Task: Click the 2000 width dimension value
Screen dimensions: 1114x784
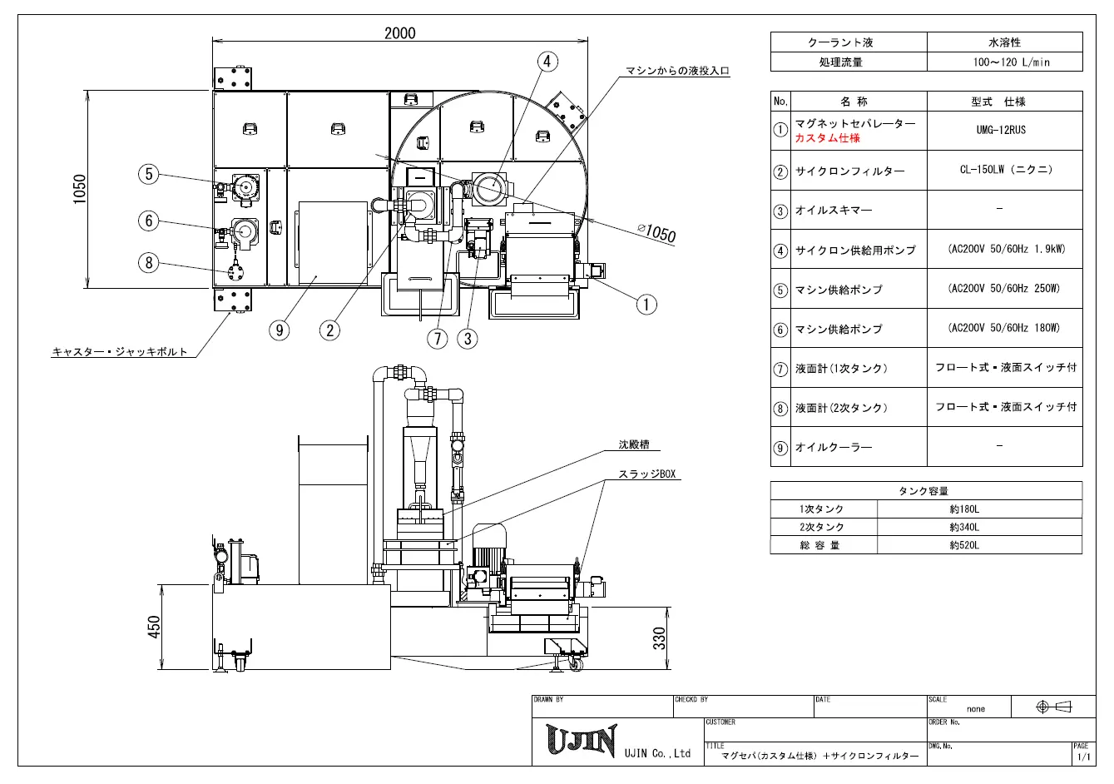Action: pyautogui.click(x=400, y=32)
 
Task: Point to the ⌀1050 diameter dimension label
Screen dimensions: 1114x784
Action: pyautogui.click(x=656, y=232)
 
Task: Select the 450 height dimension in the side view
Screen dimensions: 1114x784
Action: pyautogui.click(x=154, y=627)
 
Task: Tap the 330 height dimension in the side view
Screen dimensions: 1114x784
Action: pyautogui.click(x=659, y=638)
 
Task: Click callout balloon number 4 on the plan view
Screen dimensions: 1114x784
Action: pyautogui.click(x=547, y=62)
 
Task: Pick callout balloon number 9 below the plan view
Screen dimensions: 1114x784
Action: pyautogui.click(x=279, y=330)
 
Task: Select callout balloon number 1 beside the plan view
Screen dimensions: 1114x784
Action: pyautogui.click(x=646, y=304)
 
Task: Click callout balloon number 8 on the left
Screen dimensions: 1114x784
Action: pyautogui.click(x=148, y=263)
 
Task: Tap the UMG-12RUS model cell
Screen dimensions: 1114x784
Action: pyautogui.click(x=1001, y=131)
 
